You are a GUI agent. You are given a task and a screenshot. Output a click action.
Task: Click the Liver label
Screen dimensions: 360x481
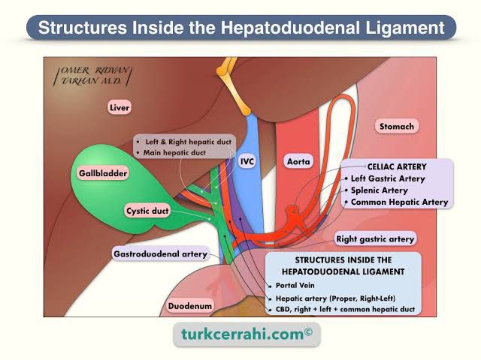(x=119, y=108)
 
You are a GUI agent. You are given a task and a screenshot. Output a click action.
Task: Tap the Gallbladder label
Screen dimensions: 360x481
(x=103, y=173)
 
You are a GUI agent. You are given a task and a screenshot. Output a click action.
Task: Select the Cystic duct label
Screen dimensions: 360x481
(x=147, y=211)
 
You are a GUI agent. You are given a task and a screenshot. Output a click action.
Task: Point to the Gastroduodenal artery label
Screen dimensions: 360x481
(x=160, y=254)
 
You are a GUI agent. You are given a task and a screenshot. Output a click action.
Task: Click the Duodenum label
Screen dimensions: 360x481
(x=189, y=306)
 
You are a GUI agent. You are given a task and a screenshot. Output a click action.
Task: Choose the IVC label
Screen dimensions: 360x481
(x=247, y=161)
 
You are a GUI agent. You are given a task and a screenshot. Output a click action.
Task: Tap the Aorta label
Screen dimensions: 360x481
(x=298, y=161)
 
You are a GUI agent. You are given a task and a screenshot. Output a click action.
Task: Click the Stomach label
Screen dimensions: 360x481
(x=395, y=127)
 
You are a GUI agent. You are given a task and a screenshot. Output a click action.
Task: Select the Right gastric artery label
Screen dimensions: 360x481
(x=374, y=239)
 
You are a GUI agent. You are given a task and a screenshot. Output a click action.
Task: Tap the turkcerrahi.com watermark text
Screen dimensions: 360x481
(x=240, y=334)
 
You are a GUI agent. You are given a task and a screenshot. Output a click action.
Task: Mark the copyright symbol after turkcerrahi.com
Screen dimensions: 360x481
(x=308, y=330)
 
